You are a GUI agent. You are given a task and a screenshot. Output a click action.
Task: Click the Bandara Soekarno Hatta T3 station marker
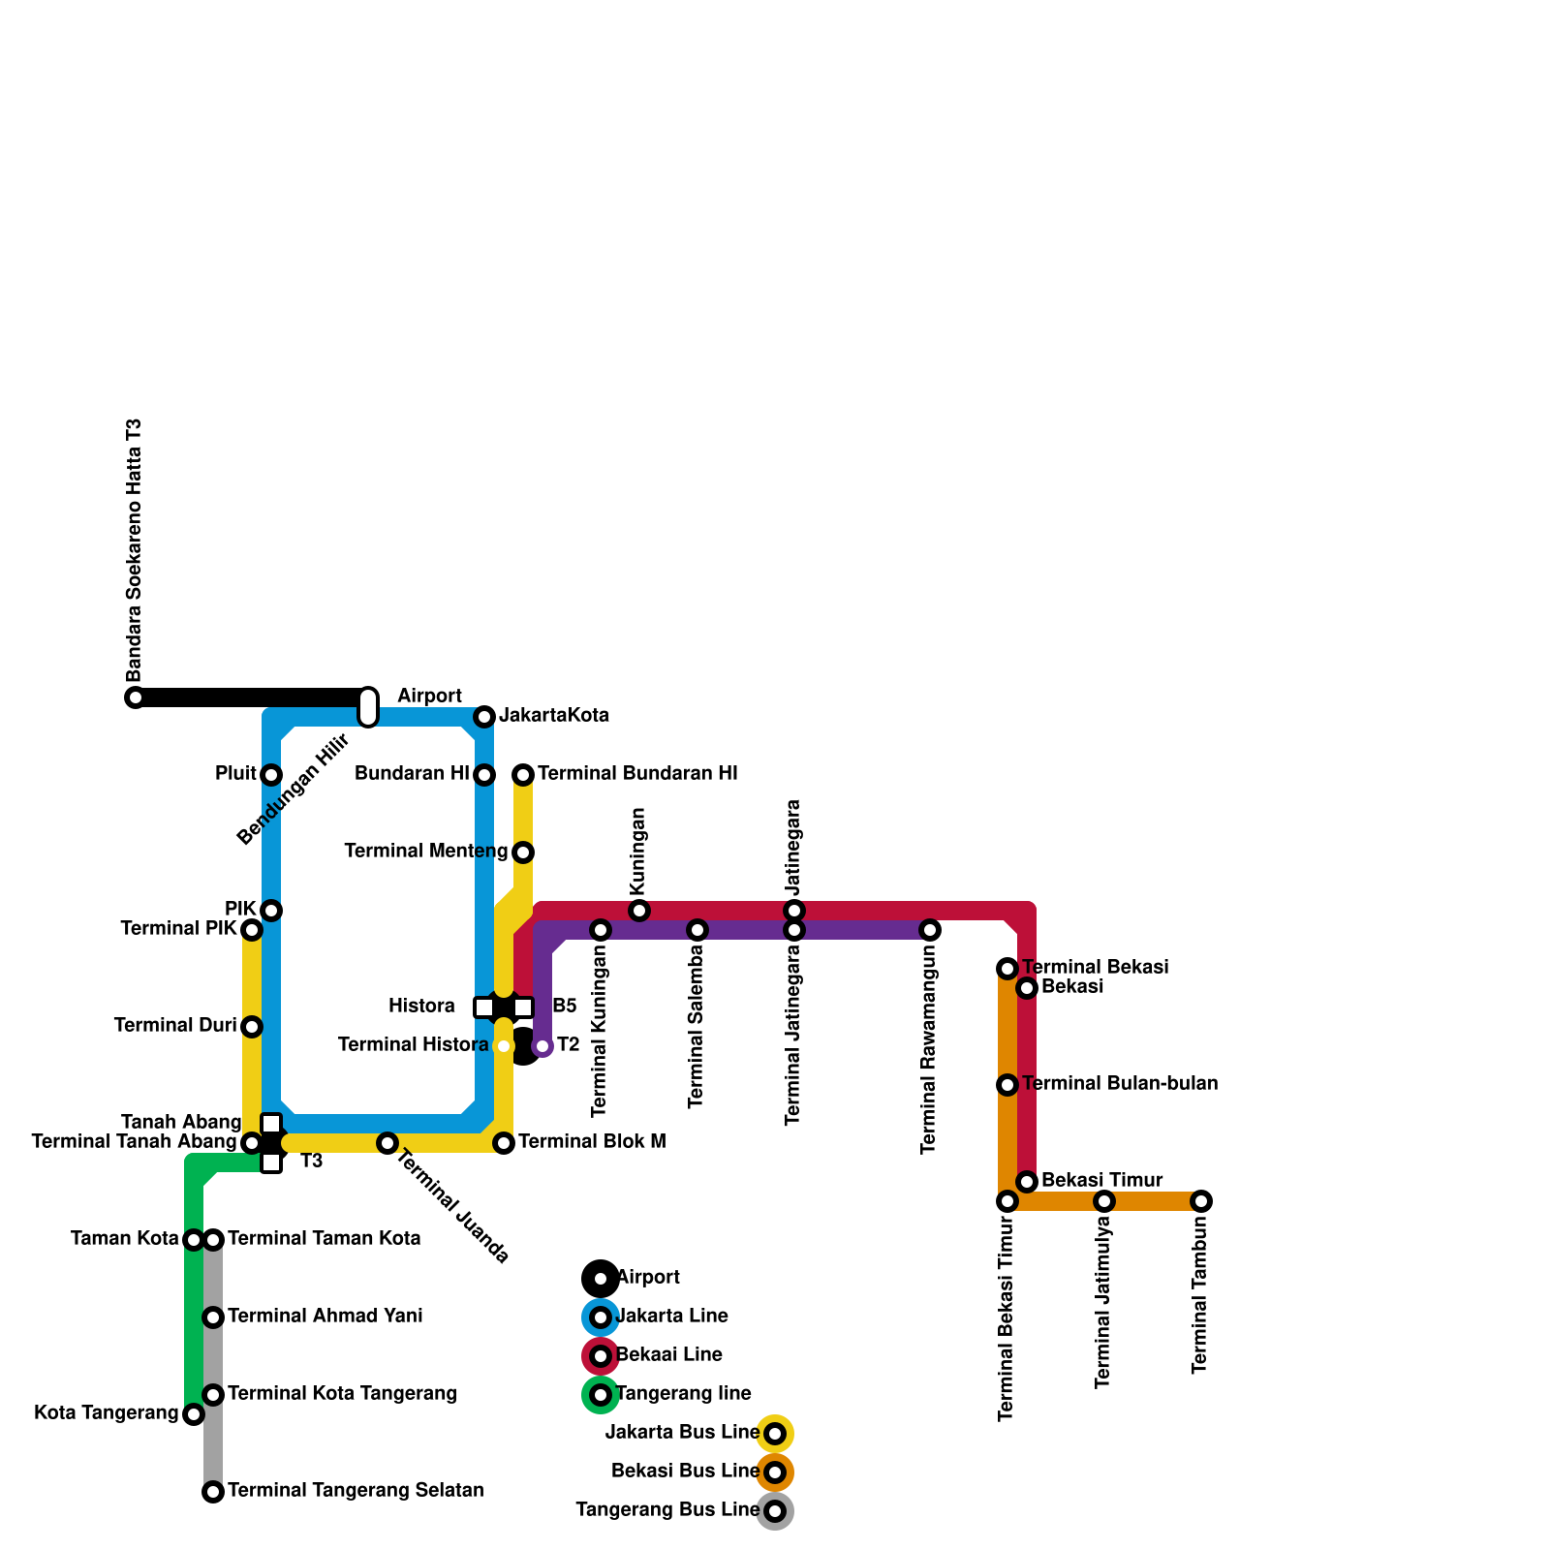point(136,697)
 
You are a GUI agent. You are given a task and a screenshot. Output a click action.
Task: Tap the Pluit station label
point(235,774)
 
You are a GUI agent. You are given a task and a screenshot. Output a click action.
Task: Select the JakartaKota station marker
point(484,717)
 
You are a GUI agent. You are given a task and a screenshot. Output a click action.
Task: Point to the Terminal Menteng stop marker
point(523,852)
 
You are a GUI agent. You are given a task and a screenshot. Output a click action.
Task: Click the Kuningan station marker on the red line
point(639,911)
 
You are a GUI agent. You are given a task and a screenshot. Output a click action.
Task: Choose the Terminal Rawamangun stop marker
point(930,930)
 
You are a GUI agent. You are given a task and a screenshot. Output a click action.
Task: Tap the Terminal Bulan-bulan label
point(1120,1084)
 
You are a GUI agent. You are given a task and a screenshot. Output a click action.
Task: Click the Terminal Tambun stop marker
point(1201,1201)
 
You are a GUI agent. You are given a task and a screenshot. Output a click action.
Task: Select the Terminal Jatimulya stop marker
point(1104,1201)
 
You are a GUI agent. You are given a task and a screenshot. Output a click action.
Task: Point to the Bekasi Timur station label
point(1101,1180)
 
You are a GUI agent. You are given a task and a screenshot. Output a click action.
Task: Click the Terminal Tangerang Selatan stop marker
point(213,1492)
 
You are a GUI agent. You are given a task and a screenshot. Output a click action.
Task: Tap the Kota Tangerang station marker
point(194,1414)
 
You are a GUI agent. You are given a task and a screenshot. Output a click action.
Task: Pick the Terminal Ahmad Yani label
point(325,1317)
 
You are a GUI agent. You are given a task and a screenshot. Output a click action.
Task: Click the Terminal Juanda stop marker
point(387,1143)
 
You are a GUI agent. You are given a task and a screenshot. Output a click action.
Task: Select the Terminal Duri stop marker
point(252,1027)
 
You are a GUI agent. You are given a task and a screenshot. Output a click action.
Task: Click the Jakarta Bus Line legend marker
point(775,1434)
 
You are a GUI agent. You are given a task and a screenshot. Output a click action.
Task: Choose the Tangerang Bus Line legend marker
point(775,1511)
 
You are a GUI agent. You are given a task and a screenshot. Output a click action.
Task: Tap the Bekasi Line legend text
point(669,1354)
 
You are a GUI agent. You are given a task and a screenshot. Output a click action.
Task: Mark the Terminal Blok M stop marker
point(504,1143)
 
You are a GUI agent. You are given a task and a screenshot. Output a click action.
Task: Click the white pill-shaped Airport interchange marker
point(368,707)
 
